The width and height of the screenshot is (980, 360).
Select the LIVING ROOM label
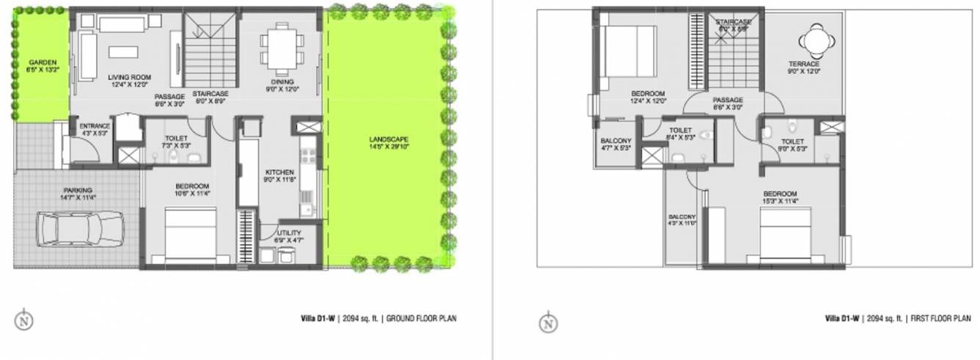(x=129, y=76)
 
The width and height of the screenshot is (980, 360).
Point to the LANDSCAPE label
(x=389, y=139)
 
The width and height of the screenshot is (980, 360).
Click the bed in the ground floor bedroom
(x=189, y=233)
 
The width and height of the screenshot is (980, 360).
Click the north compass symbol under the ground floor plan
(x=24, y=320)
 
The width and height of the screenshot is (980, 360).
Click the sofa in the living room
(x=87, y=56)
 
